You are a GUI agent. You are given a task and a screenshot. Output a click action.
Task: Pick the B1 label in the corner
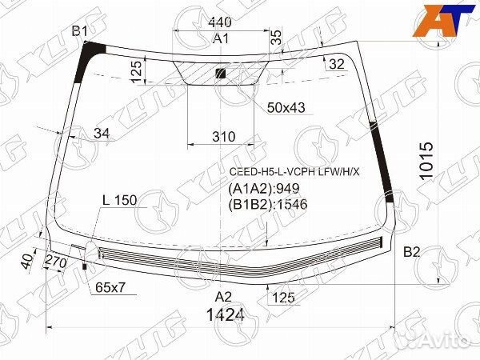point(80,31)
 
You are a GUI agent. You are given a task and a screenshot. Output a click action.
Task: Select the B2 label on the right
point(411,253)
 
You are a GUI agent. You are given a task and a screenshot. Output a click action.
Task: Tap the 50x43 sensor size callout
point(286,106)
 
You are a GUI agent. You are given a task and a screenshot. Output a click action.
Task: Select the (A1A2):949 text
point(258,190)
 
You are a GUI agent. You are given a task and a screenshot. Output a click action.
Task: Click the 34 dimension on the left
point(101,133)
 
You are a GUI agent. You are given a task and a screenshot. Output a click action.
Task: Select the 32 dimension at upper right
point(337,63)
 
